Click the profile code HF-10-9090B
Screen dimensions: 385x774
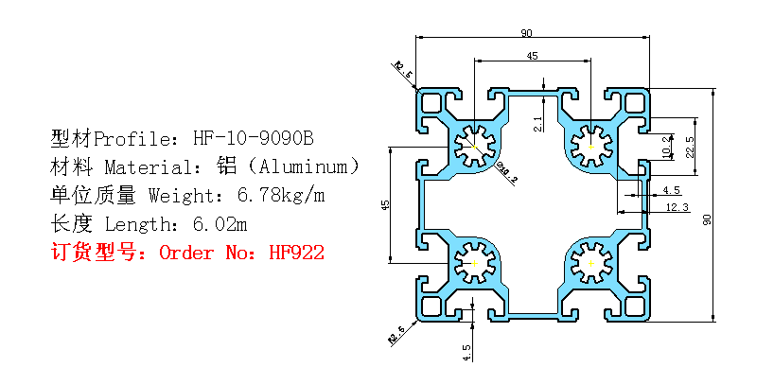coord(253,139)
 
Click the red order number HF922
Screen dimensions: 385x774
coord(297,253)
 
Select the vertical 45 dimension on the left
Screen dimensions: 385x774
coord(384,204)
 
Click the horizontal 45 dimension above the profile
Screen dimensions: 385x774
coord(532,57)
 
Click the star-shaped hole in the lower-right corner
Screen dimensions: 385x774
coord(591,260)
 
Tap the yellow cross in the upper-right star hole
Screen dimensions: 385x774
coord(590,146)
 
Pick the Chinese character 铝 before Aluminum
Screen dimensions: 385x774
coord(226,167)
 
